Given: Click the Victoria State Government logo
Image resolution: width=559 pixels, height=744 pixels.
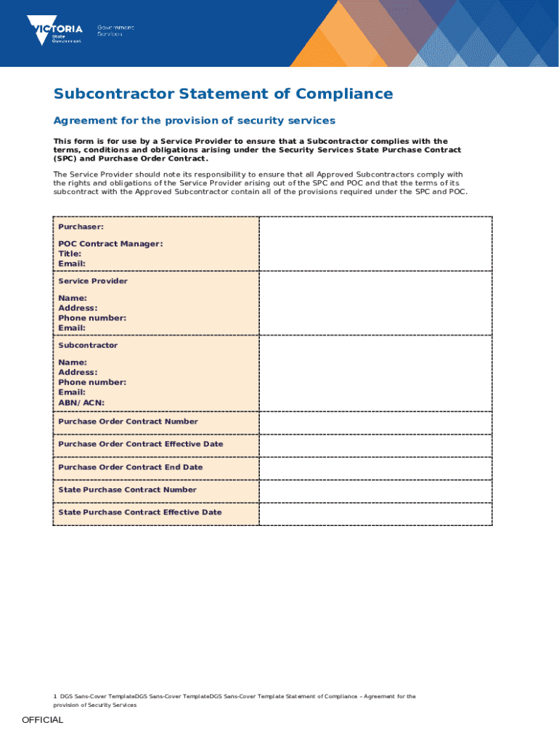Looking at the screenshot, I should tap(54, 30).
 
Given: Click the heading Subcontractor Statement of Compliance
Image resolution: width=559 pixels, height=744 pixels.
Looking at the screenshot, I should tap(223, 94).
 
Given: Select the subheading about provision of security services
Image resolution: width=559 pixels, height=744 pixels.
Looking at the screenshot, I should tap(194, 120).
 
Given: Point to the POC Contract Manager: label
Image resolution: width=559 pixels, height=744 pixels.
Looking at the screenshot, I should tap(110, 244).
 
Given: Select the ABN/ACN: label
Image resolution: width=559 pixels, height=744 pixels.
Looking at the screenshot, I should tap(81, 403).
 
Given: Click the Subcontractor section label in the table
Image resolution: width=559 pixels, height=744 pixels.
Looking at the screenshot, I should tap(88, 345).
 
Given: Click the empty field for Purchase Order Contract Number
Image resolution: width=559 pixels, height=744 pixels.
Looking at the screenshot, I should tap(375, 422).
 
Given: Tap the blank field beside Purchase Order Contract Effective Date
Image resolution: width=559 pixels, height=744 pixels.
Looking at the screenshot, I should tap(375, 445).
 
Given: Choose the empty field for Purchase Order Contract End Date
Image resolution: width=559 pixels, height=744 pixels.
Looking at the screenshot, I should tap(375, 468).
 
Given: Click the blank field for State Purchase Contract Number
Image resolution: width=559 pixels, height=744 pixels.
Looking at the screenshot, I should tap(375, 490).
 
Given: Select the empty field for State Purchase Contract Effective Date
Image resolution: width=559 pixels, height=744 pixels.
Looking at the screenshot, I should tap(375, 514).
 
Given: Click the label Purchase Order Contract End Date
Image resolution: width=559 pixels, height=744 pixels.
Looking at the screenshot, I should tap(131, 467).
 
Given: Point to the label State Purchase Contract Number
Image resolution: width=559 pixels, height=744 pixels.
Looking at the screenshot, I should tap(128, 490).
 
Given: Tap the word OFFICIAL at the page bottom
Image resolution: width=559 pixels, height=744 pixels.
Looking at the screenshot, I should tap(43, 720).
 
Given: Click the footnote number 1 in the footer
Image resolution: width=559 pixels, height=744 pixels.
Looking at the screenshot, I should tap(55, 696).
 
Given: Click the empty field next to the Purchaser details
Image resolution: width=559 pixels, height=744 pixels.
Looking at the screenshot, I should tap(375, 244).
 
